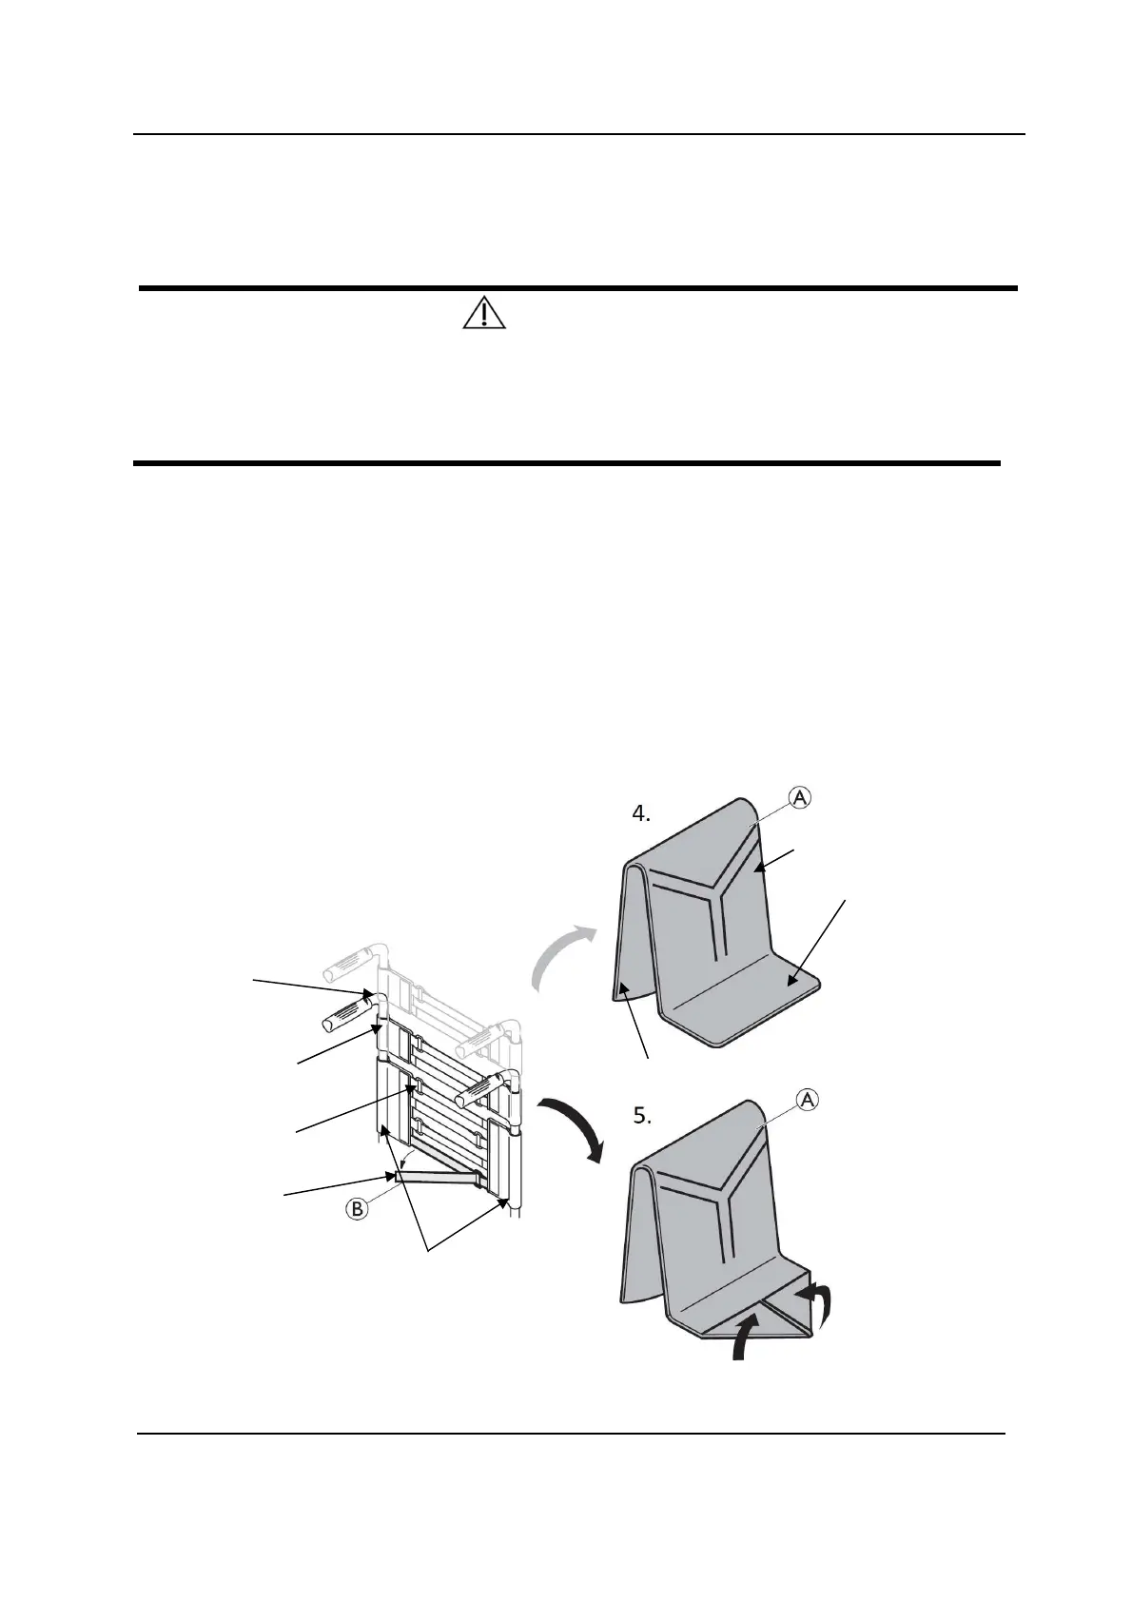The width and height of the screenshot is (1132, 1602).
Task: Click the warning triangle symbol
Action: [484, 312]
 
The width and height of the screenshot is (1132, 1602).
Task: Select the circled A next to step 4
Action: [800, 799]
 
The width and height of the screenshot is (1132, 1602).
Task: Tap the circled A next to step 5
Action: [807, 1101]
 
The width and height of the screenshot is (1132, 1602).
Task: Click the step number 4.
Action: [642, 814]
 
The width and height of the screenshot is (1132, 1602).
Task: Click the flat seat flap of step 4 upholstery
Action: [751, 1008]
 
